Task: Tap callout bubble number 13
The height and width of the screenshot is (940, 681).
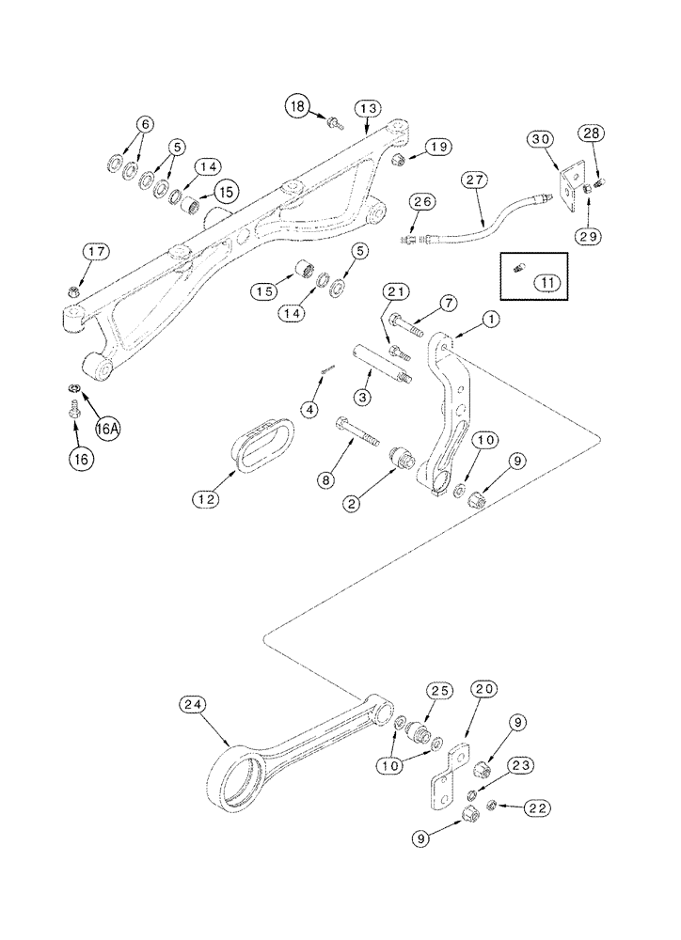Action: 367,110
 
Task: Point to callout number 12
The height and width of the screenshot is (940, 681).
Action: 206,499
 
